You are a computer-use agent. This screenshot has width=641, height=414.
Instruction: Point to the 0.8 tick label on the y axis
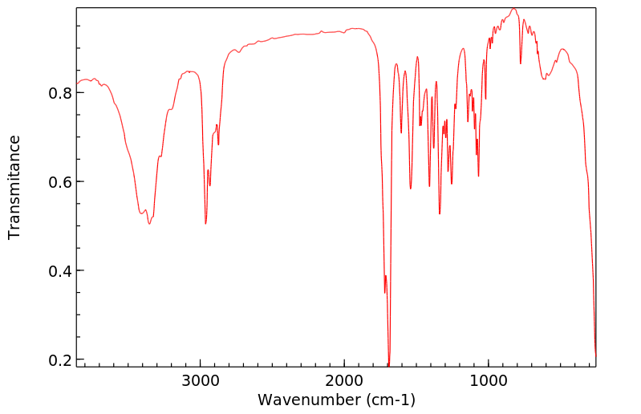(x=61, y=93)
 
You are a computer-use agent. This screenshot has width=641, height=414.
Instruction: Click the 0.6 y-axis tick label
(x=61, y=182)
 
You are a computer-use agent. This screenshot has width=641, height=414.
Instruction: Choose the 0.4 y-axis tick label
(x=61, y=271)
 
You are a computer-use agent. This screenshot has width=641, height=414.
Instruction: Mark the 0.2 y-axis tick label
(x=61, y=359)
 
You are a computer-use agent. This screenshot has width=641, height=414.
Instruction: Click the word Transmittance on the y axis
(x=14, y=187)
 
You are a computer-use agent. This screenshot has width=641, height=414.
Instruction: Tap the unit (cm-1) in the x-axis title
(x=388, y=400)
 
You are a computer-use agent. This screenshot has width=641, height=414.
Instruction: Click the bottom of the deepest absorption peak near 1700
(x=389, y=365)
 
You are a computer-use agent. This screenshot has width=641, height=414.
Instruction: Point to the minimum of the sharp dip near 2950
(x=205, y=224)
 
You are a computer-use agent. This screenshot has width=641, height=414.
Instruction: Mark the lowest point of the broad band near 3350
(x=148, y=224)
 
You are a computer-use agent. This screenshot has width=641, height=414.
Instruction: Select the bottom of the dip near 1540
(x=411, y=189)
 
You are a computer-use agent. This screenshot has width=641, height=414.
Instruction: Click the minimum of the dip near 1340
(x=440, y=214)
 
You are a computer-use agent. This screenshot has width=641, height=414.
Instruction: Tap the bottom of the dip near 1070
(x=478, y=176)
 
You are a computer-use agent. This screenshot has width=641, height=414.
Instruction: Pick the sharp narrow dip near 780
(x=521, y=63)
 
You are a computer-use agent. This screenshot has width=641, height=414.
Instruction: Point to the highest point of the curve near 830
(x=513, y=9)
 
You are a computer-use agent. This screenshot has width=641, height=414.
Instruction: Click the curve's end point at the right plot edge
(x=595, y=355)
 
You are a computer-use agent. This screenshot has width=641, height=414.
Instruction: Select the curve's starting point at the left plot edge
(x=77, y=84)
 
